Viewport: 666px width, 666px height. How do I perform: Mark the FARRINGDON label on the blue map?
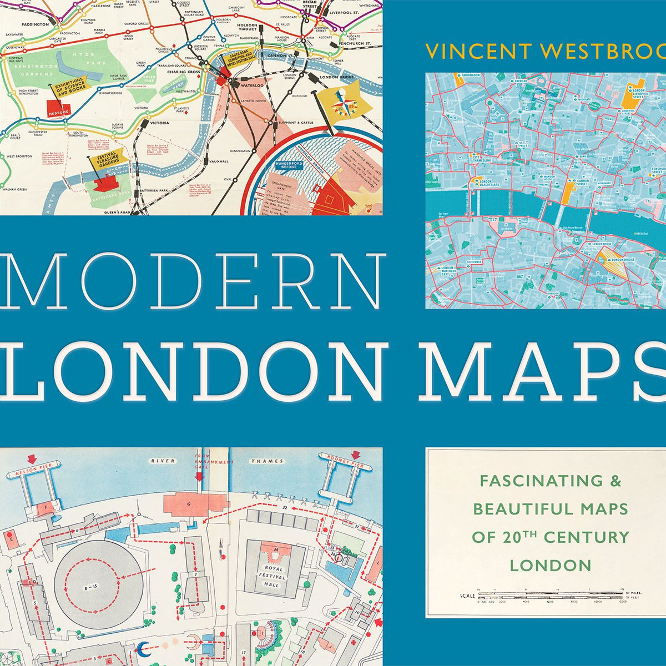(x=470, y=75)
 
